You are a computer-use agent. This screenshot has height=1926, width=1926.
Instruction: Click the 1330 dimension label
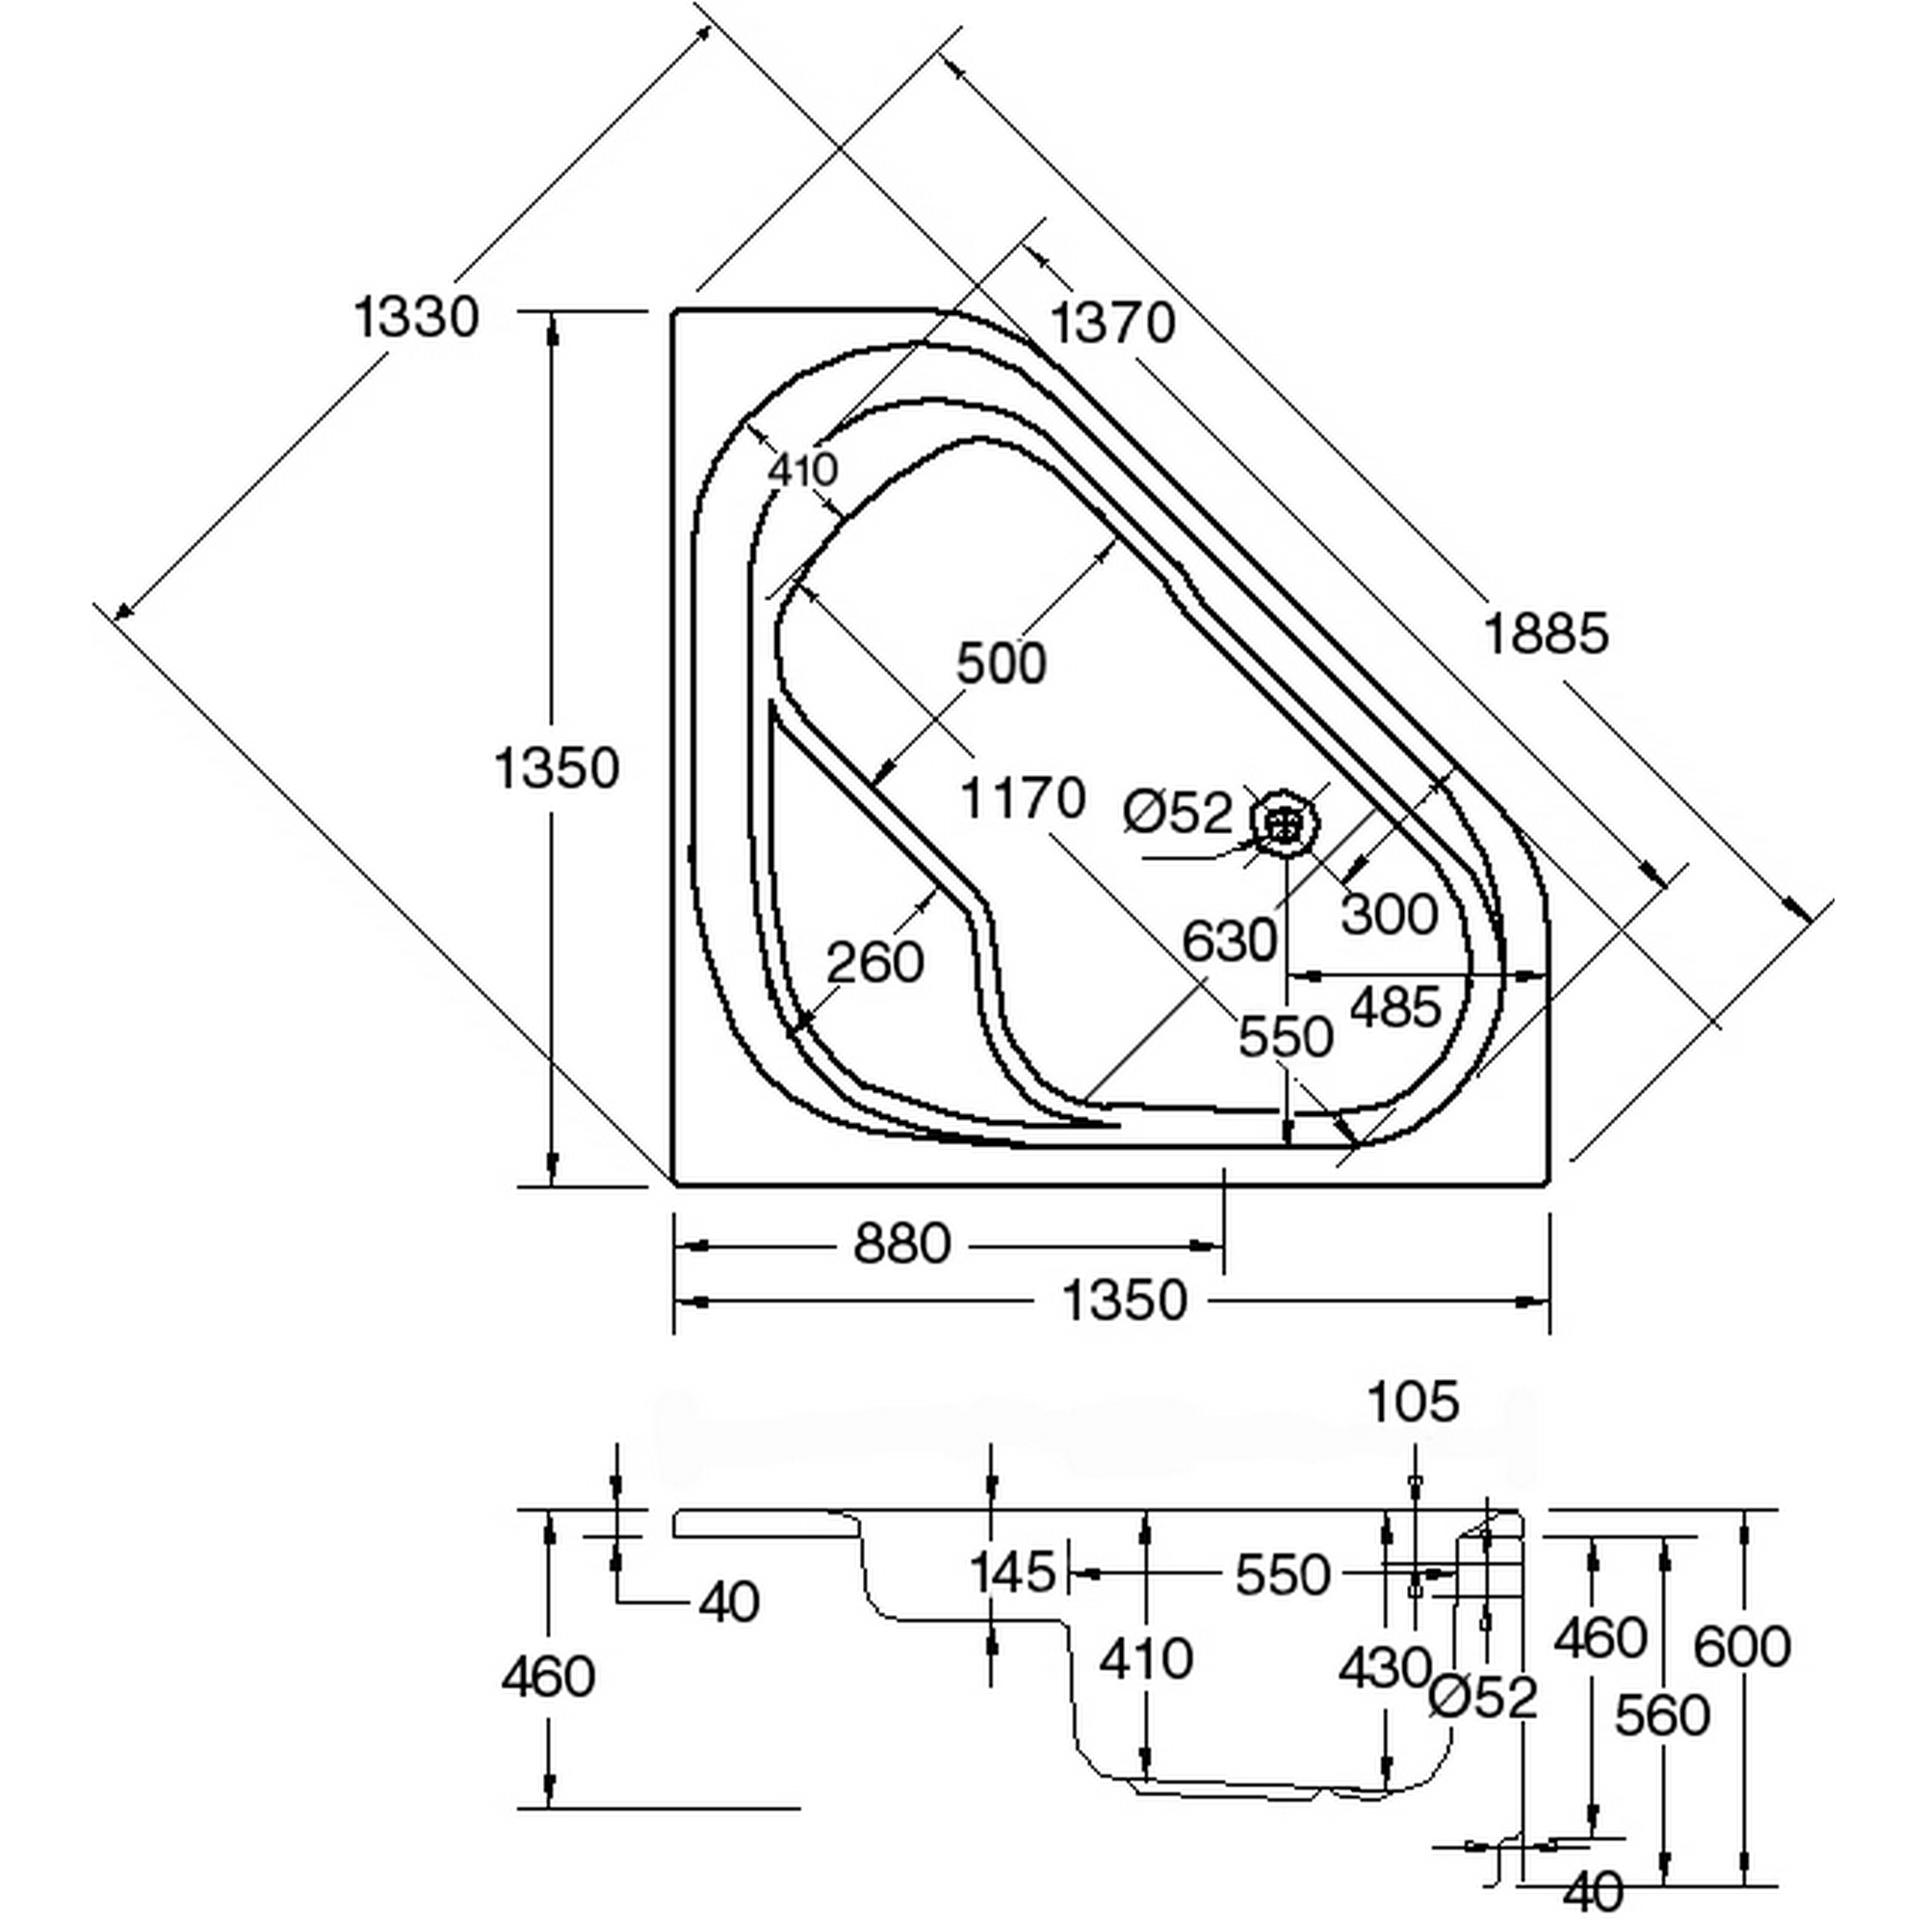[417, 318]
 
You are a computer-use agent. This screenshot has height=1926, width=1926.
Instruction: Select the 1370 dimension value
[1113, 323]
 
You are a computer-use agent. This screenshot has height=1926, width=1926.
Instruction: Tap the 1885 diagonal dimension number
[1547, 633]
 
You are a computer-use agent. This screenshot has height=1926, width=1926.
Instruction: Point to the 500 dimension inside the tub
[1001, 663]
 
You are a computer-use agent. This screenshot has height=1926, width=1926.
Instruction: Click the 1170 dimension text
[1023, 798]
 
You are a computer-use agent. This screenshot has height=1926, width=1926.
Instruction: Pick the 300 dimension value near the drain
[1389, 914]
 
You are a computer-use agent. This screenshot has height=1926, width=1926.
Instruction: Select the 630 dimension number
[1229, 940]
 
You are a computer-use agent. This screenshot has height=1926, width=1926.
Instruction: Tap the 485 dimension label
[1395, 1007]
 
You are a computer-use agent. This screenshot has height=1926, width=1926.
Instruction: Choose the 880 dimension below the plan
[902, 1244]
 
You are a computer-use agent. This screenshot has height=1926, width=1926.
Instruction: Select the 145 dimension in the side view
[1013, 1573]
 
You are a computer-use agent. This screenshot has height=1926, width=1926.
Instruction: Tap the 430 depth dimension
[1385, 1667]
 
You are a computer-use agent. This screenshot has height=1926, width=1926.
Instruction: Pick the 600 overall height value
[1743, 1646]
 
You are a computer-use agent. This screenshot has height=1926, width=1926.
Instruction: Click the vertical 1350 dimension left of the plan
[558, 768]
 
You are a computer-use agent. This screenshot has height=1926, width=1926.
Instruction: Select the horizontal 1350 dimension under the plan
[1125, 1301]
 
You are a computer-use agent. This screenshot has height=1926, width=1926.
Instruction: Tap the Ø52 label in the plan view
[1179, 813]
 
